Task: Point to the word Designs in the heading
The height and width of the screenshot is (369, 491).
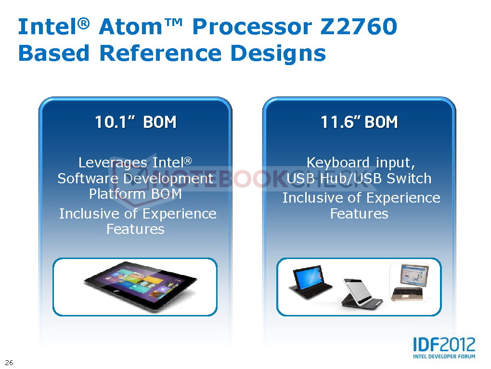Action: pyautogui.click(x=278, y=54)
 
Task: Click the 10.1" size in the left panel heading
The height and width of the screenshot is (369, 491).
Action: pyautogui.click(x=115, y=122)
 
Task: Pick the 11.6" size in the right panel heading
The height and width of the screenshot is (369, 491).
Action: pyautogui.click(x=341, y=122)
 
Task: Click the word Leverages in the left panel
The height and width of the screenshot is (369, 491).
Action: pyautogui.click(x=113, y=163)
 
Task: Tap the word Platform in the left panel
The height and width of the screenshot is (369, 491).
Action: pyautogui.click(x=118, y=194)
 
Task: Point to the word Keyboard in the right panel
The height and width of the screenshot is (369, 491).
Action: pyautogui.click(x=338, y=163)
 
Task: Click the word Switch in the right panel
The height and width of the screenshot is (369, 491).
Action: pyautogui.click(x=409, y=178)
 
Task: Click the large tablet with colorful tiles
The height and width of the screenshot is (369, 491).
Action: pyautogui.click(x=140, y=286)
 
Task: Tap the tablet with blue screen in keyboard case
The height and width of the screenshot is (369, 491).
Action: pyautogui.click(x=310, y=283)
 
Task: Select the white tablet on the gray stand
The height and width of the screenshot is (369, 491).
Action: pyautogui.click(x=361, y=294)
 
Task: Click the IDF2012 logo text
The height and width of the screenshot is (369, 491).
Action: pyautogui.click(x=444, y=344)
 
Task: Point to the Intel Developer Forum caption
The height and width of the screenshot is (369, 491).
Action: pyautogui.click(x=444, y=356)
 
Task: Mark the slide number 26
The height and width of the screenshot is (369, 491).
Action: pyautogui.click(x=9, y=362)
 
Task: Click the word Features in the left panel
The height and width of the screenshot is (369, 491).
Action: pyautogui.click(x=135, y=229)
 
